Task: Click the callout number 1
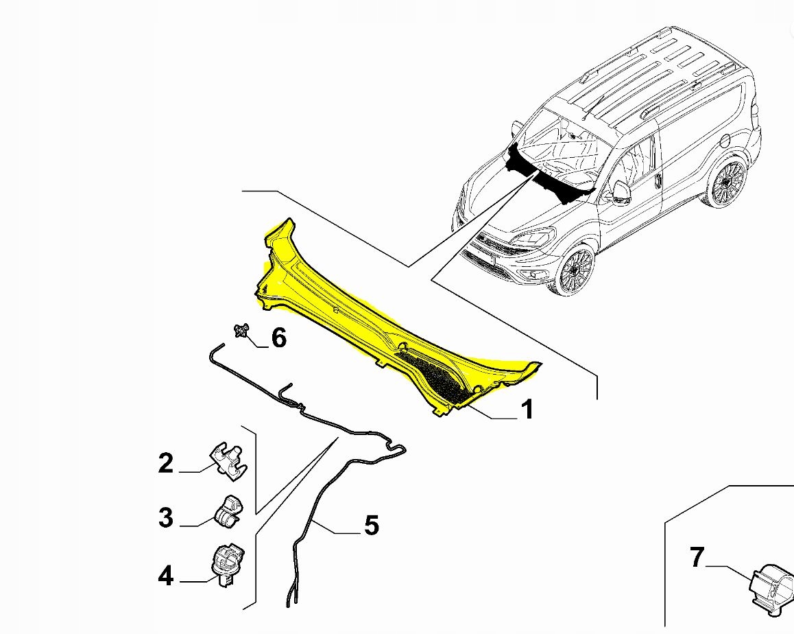(526, 410)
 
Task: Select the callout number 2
(166, 463)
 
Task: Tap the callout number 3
(166, 517)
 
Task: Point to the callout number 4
(166, 576)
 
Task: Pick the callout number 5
(371, 526)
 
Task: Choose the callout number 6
(278, 338)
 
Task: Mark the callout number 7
(697, 558)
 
